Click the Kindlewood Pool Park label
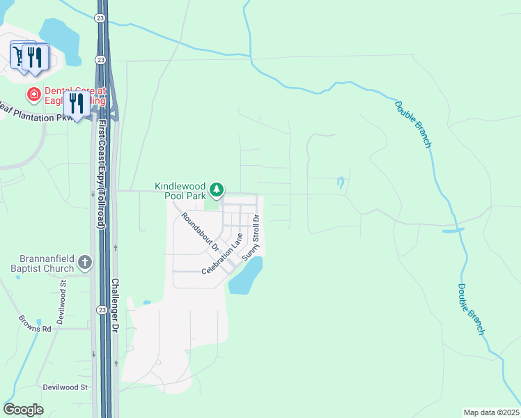[x=180, y=191]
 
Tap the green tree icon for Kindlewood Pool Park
[x=217, y=189]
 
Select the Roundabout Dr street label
[x=200, y=232]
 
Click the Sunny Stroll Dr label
[x=251, y=238]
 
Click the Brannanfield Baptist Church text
[x=42, y=263]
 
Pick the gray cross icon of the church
[x=85, y=263]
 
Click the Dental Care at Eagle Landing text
[x=72, y=95]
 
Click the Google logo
[x=23, y=410]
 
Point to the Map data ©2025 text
[x=491, y=412]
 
